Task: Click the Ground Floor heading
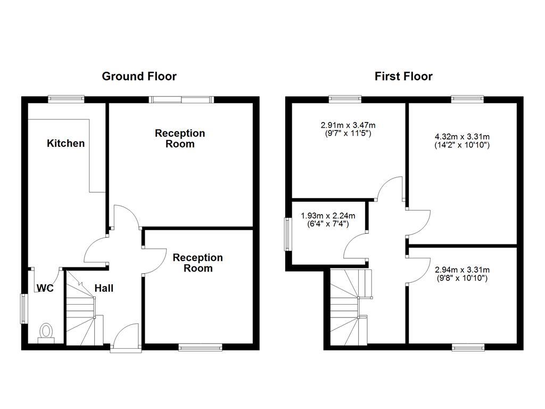pos(139,76)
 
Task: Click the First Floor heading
pos(403,76)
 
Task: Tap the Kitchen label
pos(65,143)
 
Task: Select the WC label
pos(45,288)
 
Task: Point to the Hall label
pos(104,288)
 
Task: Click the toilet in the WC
pos(46,331)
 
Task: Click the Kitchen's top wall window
pos(66,99)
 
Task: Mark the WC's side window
pos(24,308)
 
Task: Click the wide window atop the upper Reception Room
pos(181,99)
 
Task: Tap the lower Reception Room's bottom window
pos(200,347)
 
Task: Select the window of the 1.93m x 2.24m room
pos(288,235)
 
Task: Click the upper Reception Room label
pos(180,138)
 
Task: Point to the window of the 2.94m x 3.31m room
pos(468,347)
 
